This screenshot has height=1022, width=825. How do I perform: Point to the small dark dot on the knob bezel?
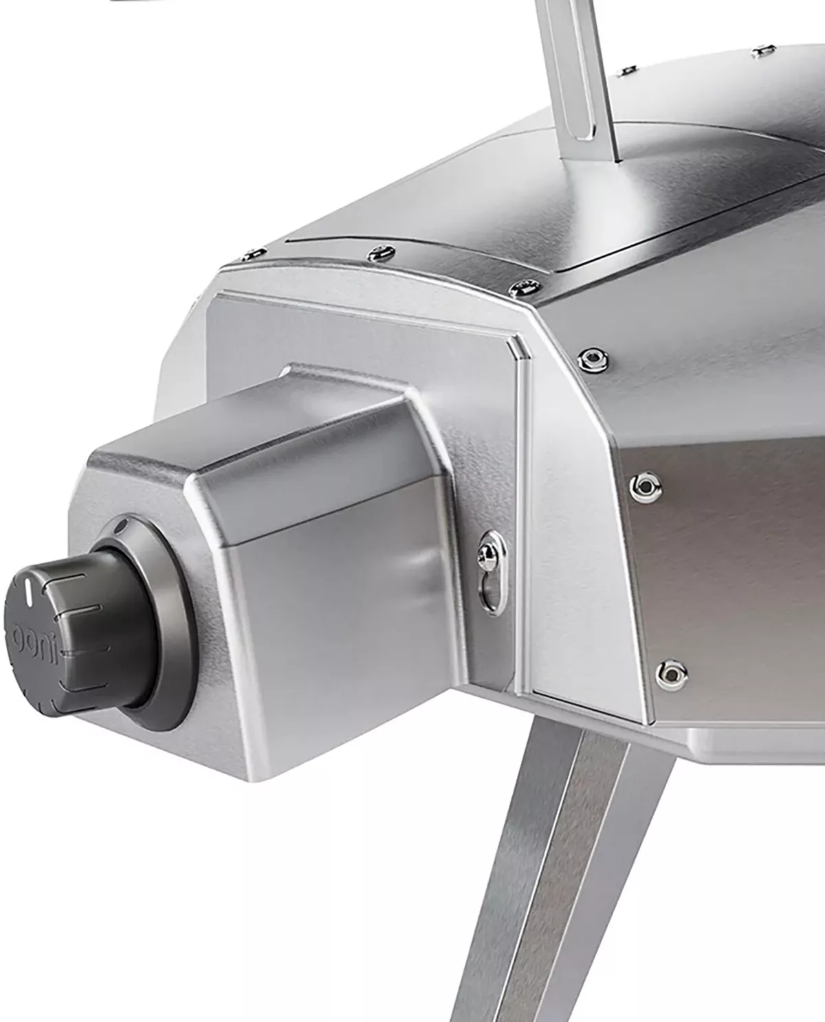coord(122,527)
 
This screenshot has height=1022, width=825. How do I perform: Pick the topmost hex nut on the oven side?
coord(590,357)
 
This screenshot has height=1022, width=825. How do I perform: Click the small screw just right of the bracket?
coord(626,70)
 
